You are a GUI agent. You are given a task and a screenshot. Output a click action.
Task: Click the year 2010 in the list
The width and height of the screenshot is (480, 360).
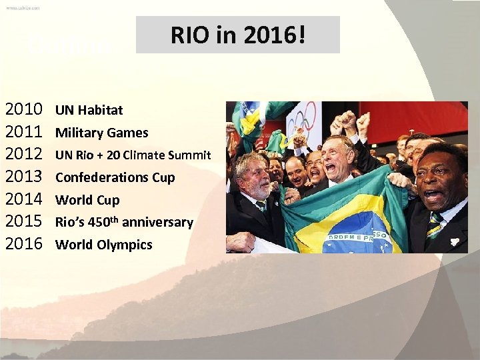click(x=24, y=109)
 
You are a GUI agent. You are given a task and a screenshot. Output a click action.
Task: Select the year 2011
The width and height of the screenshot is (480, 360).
click(x=24, y=131)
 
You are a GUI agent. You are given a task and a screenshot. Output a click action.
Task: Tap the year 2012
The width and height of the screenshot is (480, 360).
click(x=24, y=154)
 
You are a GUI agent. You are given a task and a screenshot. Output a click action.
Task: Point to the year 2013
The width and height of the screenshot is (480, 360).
click(x=24, y=177)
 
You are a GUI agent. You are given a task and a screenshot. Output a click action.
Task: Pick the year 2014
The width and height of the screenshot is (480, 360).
click(x=24, y=199)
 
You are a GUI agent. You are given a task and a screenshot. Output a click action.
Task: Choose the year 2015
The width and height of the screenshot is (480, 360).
click(x=24, y=221)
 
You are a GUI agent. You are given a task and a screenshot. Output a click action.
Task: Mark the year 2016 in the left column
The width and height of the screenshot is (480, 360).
click(x=24, y=244)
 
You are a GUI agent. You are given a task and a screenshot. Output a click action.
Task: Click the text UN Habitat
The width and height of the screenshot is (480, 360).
click(x=89, y=110)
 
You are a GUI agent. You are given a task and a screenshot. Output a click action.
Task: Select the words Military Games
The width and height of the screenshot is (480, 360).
click(x=101, y=133)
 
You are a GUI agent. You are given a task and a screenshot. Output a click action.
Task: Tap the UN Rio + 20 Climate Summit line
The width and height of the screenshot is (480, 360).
click(x=133, y=155)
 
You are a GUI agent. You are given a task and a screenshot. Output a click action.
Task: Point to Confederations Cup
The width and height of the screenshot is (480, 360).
click(x=115, y=177)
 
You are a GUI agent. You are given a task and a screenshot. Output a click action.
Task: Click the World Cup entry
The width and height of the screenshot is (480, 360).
click(x=87, y=200)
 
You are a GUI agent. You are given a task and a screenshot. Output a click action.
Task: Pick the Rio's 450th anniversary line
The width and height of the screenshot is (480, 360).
click(x=124, y=222)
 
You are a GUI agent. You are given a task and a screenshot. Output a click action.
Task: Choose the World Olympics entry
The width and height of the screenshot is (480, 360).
click(x=103, y=245)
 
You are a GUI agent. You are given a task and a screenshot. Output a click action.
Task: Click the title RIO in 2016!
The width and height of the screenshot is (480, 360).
click(x=238, y=35)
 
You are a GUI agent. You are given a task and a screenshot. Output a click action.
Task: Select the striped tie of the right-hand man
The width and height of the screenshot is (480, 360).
click(x=434, y=224)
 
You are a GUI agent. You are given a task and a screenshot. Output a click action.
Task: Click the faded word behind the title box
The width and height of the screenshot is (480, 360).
click(x=67, y=45)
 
